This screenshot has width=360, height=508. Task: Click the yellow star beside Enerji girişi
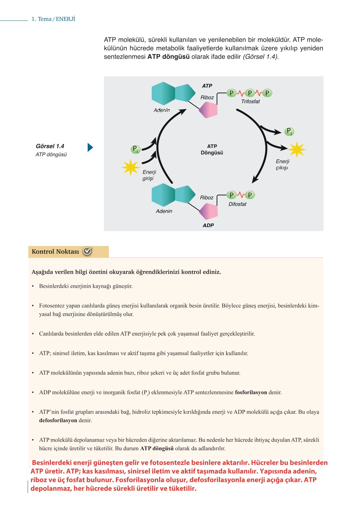130,167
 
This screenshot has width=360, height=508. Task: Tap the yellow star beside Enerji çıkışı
297,150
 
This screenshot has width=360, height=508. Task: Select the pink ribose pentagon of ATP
209,110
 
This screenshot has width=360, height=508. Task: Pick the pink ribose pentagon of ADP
209,211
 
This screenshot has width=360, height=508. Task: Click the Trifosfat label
250,102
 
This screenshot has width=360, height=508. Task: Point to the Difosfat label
237,204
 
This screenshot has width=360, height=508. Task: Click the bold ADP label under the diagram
208,225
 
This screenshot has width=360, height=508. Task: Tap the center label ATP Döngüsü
212,150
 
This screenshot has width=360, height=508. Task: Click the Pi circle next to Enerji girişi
135,150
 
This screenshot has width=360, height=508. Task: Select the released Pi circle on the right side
289,132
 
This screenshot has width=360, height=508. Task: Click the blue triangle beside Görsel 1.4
90,148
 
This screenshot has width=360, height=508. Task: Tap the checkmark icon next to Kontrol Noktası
87,251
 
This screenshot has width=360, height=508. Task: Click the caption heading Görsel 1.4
50,146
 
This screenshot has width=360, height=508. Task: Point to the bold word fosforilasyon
251,392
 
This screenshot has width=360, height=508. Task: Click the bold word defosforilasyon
58,420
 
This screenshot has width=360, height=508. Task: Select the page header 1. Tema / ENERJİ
53,19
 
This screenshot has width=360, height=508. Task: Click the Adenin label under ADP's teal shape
164,211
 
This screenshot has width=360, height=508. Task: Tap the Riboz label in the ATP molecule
207,97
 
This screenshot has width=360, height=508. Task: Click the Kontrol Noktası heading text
55,252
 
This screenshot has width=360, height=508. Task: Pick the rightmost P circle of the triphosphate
267,93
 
